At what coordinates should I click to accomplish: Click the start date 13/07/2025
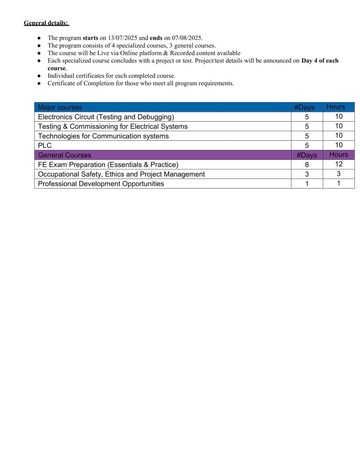pos(123,38)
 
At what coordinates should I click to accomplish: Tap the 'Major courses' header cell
pos(60,107)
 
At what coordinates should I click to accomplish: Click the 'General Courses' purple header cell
pos(64,155)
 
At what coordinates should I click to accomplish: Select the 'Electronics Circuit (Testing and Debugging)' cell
pos(106,117)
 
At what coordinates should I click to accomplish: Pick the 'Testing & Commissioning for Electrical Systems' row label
pos(112,126)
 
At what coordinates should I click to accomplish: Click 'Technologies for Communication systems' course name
pos(103,136)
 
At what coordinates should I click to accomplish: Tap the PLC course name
pos(45,145)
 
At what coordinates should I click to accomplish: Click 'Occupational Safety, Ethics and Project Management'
pos(121,174)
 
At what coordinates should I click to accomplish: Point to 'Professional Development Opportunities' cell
pos(101,184)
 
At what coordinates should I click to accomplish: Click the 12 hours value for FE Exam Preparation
pos(339,164)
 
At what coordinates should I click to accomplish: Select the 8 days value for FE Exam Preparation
pos(306,164)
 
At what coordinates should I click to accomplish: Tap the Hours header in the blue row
pos(336,107)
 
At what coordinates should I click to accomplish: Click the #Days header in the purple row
pos(306,155)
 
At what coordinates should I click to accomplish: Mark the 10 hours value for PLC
pos(339,145)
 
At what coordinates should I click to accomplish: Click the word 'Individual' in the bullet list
pos(62,75)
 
